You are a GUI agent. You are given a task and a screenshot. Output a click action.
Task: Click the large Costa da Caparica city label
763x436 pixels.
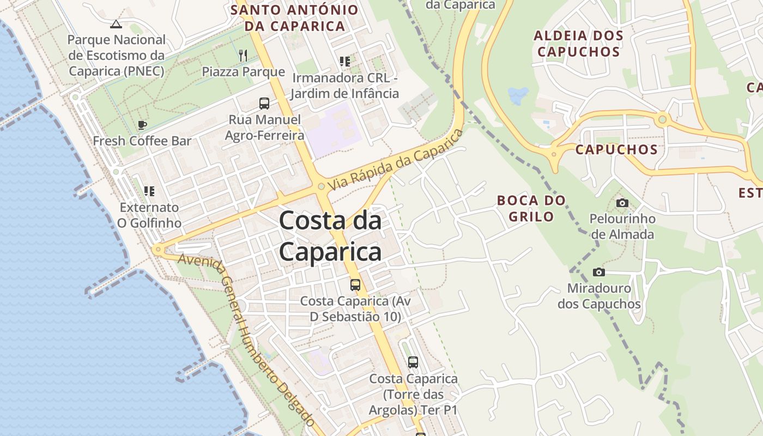pyautogui.click(x=330, y=237)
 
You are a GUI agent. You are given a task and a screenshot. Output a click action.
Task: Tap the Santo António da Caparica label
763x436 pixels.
pyautogui.click(x=295, y=17)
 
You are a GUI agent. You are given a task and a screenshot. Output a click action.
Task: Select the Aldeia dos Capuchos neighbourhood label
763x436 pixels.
pyautogui.click(x=578, y=44)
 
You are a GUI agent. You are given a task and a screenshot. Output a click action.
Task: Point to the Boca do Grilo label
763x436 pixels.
pyautogui.click(x=531, y=208)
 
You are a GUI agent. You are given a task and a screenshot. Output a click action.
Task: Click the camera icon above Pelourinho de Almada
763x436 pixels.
pyautogui.click(x=622, y=203)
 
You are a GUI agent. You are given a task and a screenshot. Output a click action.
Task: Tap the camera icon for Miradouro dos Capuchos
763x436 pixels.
pyautogui.click(x=598, y=272)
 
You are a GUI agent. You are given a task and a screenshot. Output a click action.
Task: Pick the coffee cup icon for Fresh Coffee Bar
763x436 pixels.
pyautogui.click(x=142, y=125)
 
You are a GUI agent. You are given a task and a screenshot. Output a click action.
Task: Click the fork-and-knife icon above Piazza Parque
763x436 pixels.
pyautogui.click(x=243, y=55)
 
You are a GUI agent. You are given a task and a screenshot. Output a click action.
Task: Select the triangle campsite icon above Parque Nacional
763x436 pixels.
pyautogui.click(x=116, y=24)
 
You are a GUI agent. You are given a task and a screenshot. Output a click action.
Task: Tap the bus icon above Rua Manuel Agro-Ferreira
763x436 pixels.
pyautogui.click(x=264, y=103)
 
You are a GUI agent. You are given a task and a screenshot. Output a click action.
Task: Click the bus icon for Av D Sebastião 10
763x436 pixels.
pyautogui.click(x=355, y=284)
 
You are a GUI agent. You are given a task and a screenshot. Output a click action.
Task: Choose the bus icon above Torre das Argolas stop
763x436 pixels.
pyautogui.click(x=413, y=362)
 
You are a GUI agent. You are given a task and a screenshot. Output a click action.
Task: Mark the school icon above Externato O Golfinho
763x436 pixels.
pyautogui.click(x=149, y=191)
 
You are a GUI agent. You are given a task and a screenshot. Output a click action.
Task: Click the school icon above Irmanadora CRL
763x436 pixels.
pyautogui.click(x=344, y=61)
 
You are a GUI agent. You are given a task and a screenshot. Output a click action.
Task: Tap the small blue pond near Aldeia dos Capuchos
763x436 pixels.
pyautogui.click(x=518, y=95)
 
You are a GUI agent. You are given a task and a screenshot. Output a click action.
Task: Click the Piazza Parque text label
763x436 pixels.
pyautogui.click(x=243, y=71)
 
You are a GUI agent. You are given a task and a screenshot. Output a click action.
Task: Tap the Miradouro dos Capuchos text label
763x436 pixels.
pyautogui.click(x=599, y=296)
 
